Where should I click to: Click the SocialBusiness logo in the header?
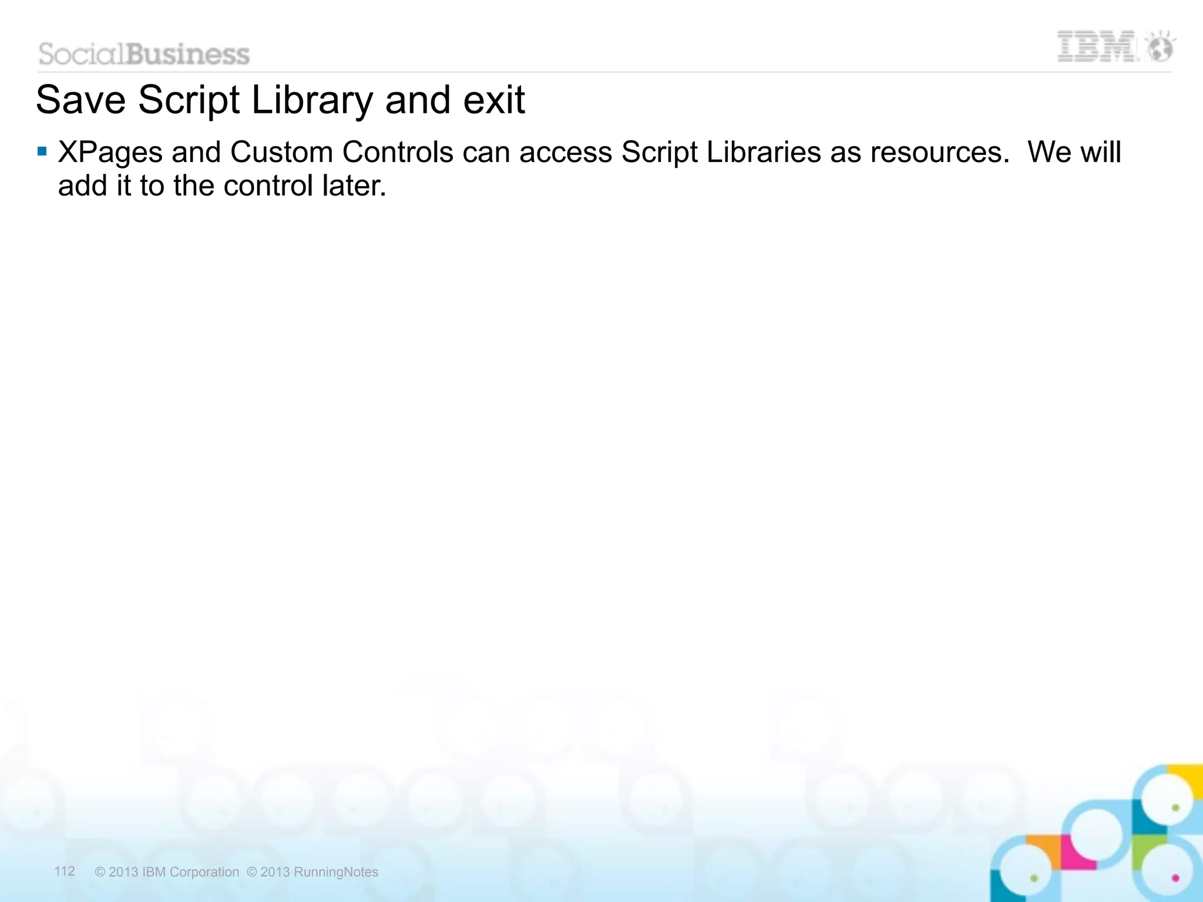click(144, 54)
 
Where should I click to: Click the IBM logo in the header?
click(1096, 47)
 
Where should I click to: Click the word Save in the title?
click(80, 100)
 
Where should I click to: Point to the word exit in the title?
click(493, 100)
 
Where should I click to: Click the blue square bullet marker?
click(42, 152)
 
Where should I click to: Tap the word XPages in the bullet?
click(110, 153)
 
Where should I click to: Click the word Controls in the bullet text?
click(398, 153)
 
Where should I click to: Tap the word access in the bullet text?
click(565, 153)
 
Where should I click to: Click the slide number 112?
click(65, 871)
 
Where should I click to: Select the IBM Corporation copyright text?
click(167, 872)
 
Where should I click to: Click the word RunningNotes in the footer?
click(335, 872)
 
